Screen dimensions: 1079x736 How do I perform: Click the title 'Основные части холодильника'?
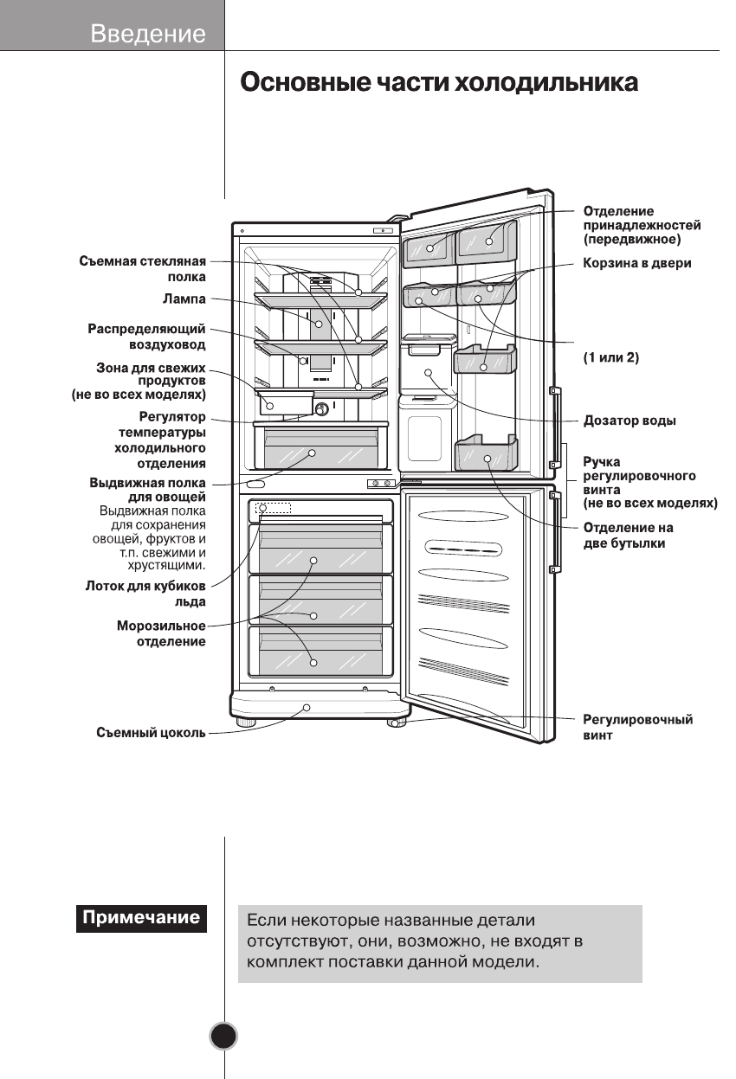(x=439, y=84)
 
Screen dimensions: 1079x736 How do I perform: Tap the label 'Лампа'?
(x=184, y=299)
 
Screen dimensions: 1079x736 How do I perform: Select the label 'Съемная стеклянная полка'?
(x=143, y=269)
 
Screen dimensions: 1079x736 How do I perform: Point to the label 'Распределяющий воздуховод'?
(x=147, y=337)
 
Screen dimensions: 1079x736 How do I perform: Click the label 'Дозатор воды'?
(x=629, y=421)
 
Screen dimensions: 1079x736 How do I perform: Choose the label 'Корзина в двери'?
(x=636, y=263)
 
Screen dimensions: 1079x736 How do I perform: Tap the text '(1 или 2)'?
(x=610, y=356)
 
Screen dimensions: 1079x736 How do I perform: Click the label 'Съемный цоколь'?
(x=151, y=734)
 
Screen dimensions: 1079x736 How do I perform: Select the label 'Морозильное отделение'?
(x=161, y=633)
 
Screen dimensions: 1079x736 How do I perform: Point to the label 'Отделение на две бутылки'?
(x=628, y=536)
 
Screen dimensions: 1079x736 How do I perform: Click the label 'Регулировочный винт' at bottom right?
(x=637, y=728)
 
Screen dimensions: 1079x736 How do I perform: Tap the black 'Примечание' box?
(x=140, y=917)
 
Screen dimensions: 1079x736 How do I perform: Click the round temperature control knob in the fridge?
(x=321, y=408)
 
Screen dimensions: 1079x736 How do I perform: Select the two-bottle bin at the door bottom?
(x=486, y=454)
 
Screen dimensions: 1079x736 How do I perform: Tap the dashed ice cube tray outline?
(x=273, y=510)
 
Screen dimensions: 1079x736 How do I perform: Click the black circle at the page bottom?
(x=223, y=1037)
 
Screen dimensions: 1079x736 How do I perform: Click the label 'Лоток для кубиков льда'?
(x=145, y=594)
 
